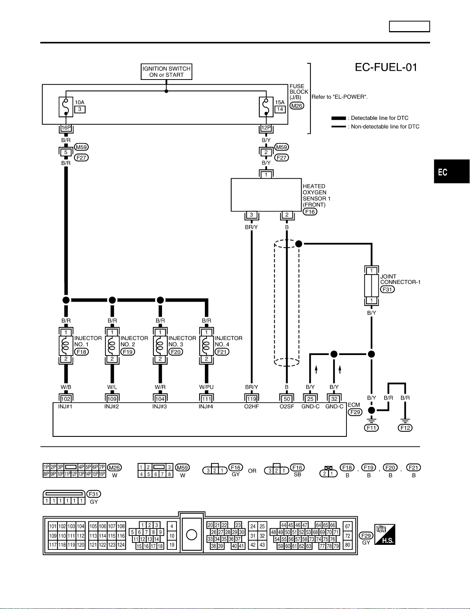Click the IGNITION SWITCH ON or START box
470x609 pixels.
click(167, 72)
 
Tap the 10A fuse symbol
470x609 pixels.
click(66, 107)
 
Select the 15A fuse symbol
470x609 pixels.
click(266, 107)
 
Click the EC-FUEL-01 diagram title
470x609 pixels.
click(386, 67)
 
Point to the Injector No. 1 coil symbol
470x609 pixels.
click(66, 345)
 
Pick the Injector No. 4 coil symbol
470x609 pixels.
click(206, 345)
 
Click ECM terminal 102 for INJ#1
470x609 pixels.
click(66, 399)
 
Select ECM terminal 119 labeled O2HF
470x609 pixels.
click(252, 399)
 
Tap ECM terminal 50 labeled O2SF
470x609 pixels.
click(287, 399)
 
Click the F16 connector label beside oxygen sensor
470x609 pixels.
click(310, 212)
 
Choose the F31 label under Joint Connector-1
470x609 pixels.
click(387, 289)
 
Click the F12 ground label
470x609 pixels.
click(405, 428)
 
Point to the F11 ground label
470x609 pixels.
click(371, 428)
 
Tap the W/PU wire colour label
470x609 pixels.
click(206, 387)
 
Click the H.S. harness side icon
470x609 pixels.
click(385, 534)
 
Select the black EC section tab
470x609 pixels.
click(452, 171)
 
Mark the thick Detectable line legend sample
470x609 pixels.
click(338, 118)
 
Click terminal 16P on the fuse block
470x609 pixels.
click(66, 128)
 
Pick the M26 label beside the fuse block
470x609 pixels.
click(297, 106)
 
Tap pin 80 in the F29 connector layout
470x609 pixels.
click(348, 545)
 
